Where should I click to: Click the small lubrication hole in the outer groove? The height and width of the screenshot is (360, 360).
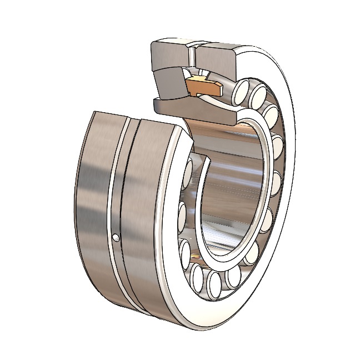click(x=116, y=238)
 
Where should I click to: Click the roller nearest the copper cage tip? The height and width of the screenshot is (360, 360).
click(x=243, y=88)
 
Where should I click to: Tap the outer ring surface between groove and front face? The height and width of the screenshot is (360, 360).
click(x=147, y=222)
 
